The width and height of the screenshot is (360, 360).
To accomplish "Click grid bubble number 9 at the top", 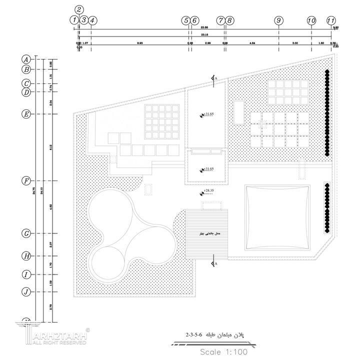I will point(278,20).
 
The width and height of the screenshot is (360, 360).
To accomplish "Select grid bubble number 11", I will point(330,20).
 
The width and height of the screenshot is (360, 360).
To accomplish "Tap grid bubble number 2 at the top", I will point(79,9).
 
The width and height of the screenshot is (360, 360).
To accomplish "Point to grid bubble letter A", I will point(26,58).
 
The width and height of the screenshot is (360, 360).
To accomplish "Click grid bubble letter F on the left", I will point(26,180).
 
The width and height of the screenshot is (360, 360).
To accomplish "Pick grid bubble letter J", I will point(26,291).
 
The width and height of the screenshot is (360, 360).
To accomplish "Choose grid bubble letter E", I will point(26,114).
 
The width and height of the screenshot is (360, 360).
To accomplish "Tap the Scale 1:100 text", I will point(224,351).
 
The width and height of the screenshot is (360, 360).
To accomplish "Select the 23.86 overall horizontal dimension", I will point(203,27).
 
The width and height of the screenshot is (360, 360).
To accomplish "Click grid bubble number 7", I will point(221,20).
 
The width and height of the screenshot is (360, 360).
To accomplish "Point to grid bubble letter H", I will point(26,256).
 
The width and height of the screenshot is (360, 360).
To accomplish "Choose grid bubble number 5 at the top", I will point(186,20).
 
